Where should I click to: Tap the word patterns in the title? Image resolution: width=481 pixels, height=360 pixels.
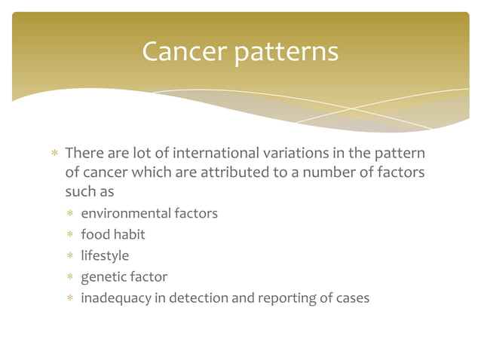click(x=286, y=53)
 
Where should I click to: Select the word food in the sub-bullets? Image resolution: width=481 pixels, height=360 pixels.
click(x=95, y=234)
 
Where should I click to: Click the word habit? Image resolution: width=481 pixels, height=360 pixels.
click(x=129, y=234)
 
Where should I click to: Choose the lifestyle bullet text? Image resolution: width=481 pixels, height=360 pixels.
click(x=105, y=255)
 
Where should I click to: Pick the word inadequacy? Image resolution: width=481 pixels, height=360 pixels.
click(x=115, y=298)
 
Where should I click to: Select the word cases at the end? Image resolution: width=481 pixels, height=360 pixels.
click(x=351, y=298)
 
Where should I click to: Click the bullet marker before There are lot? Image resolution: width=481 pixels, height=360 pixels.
click(x=54, y=154)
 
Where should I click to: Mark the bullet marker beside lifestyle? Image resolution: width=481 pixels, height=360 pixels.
click(x=69, y=256)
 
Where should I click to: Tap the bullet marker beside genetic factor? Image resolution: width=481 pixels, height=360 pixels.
click(x=69, y=277)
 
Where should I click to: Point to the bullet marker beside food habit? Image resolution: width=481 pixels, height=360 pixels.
click(x=69, y=235)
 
